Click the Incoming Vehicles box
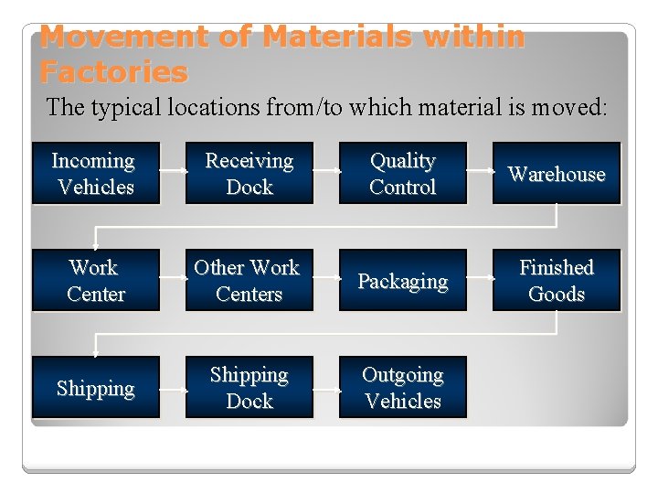coord(95,173)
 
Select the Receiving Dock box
coord(249,173)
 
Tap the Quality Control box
coord(403,173)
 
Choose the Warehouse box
coord(557,173)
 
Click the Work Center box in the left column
coord(95,280)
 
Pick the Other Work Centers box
coord(249,280)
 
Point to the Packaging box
coord(403,280)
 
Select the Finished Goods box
coord(557,280)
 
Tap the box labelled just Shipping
coord(95,387)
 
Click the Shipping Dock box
coord(249,387)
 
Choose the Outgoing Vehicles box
coord(403,387)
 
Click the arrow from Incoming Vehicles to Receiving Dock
coord(173,174)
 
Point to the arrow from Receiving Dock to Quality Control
coord(326,174)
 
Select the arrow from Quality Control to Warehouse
coord(480,174)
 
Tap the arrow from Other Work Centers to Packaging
coord(326,281)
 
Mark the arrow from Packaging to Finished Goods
coord(480,281)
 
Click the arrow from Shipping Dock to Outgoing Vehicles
coord(326,388)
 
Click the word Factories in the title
coord(113,70)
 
